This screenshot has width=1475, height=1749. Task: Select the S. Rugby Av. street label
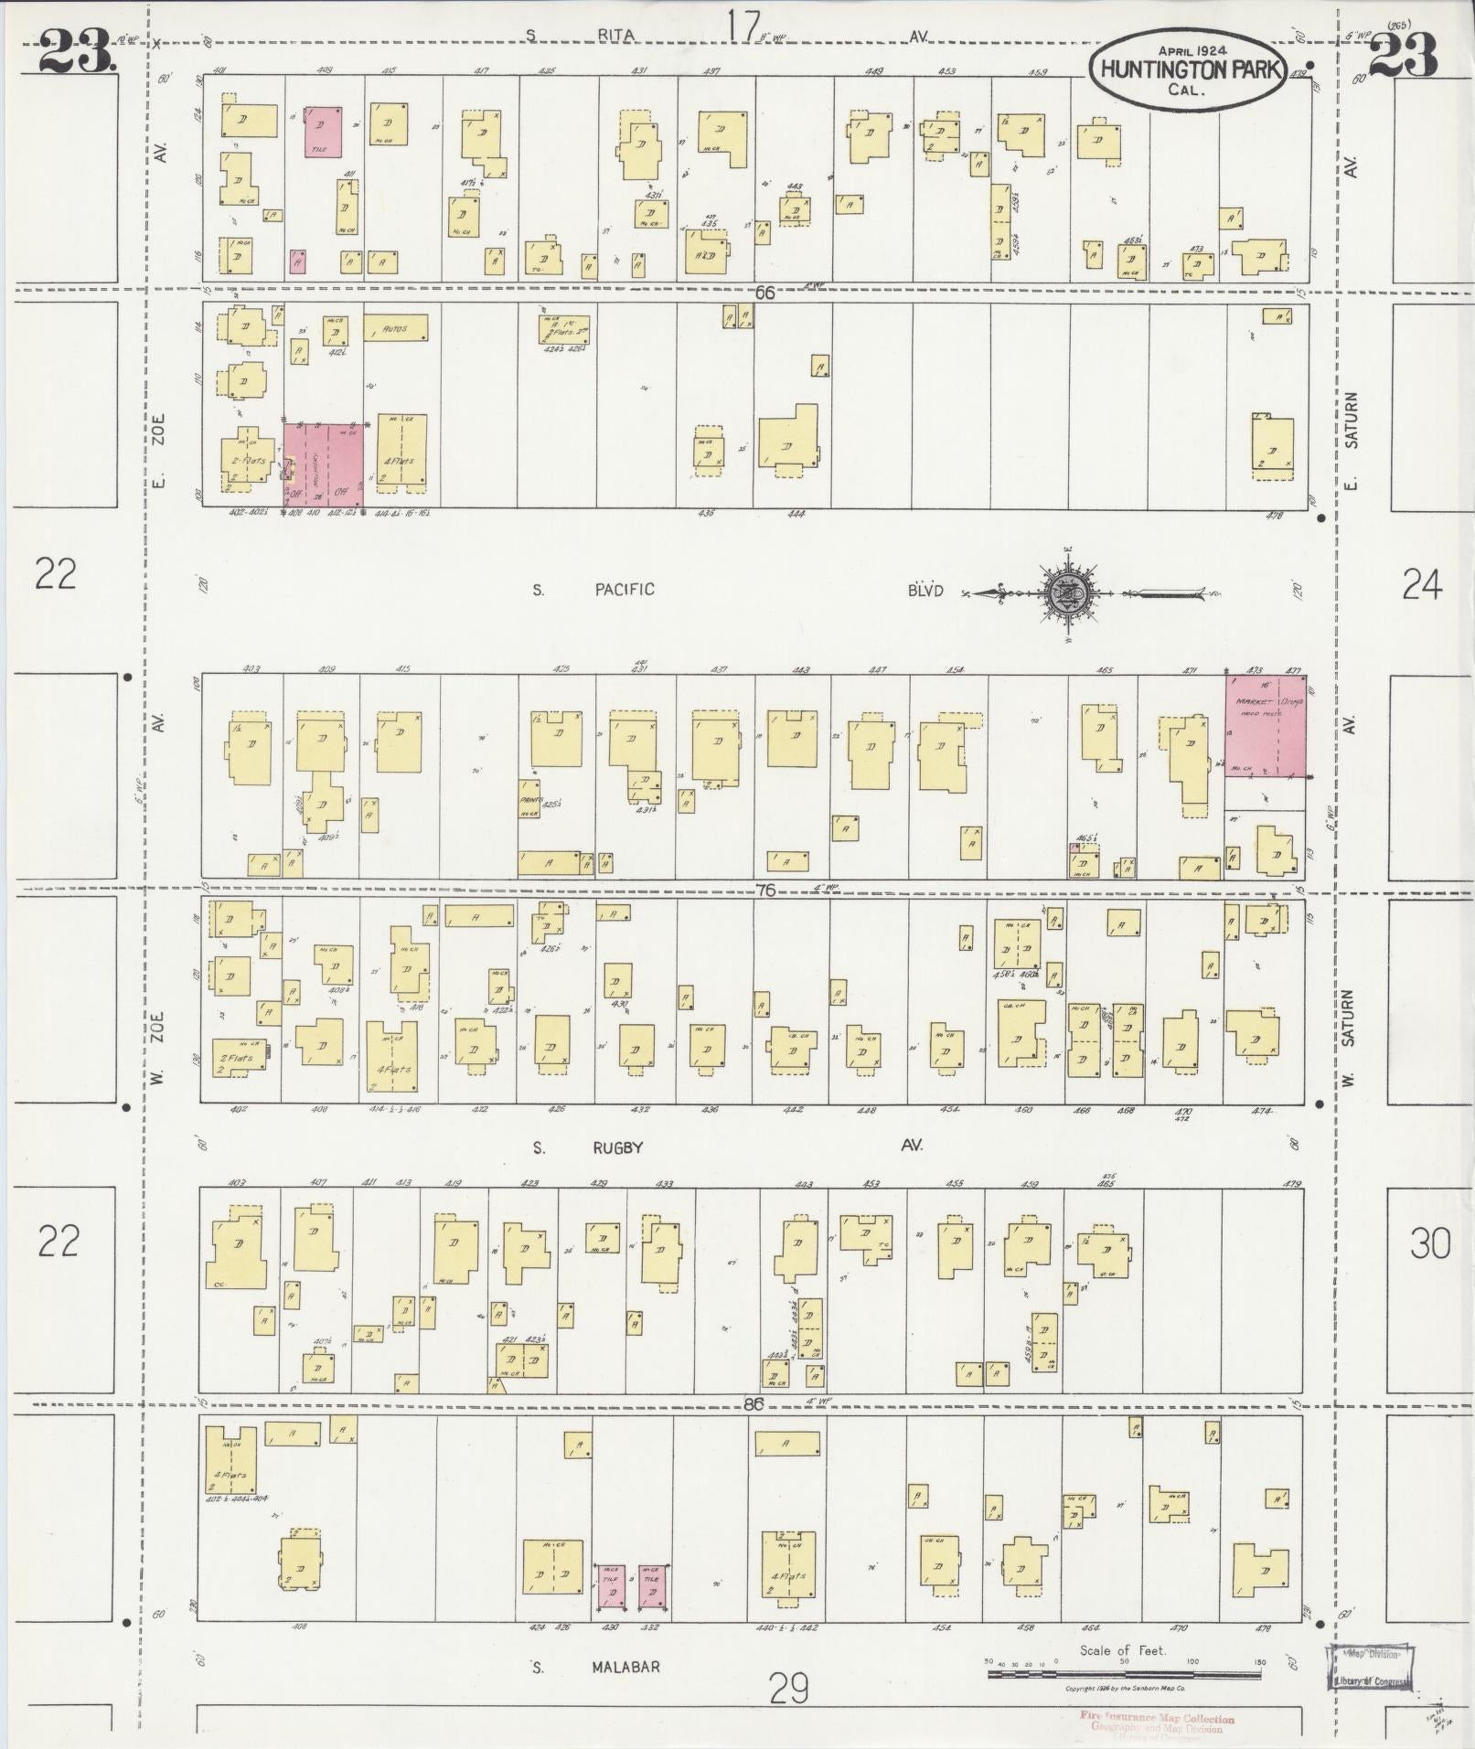[x=618, y=1147]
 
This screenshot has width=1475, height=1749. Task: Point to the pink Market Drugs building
[x=1266, y=726]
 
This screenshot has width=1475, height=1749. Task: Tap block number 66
[x=765, y=293]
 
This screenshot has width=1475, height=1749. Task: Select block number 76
[x=765, y=890]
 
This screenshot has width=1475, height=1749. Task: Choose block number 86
[x=753, y=1403]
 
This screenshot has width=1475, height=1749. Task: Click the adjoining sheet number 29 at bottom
[x=788, y=1690]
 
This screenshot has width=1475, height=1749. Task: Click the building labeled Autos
[x=397, y=328]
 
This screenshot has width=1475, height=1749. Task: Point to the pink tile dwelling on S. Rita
[x=324, y=131]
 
